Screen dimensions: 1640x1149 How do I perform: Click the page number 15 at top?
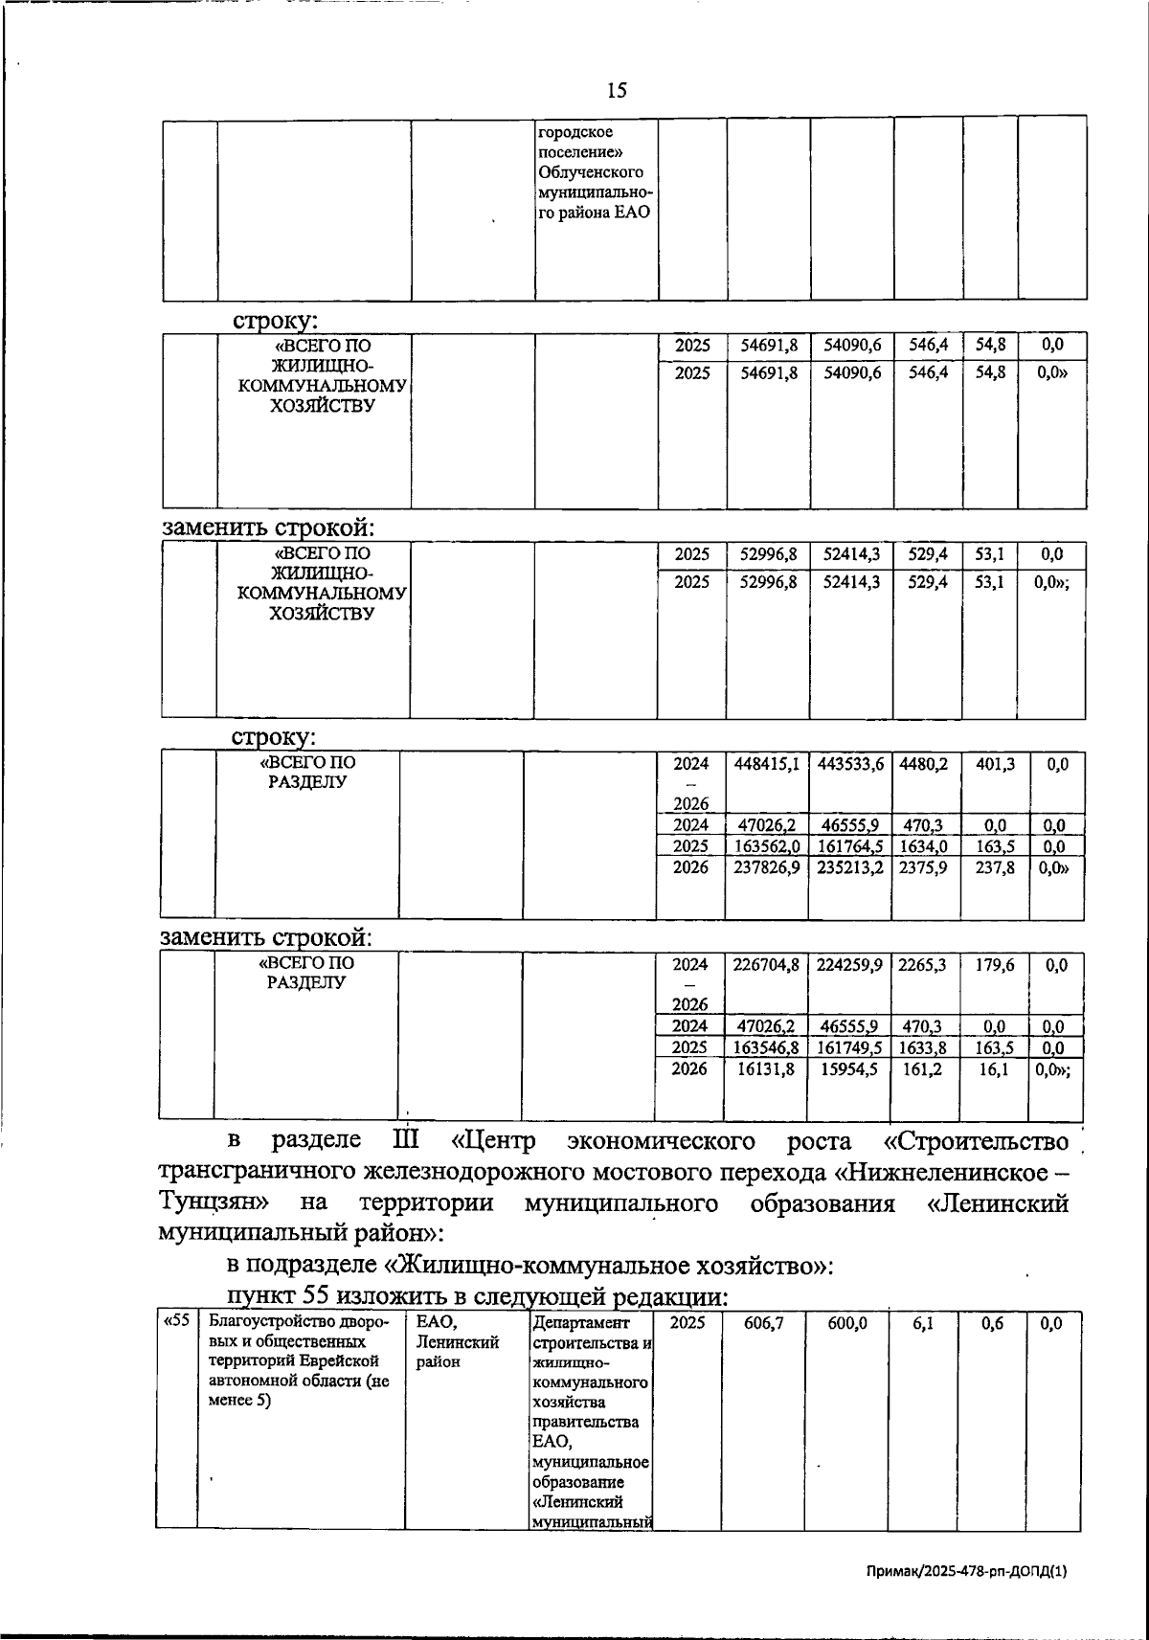point(617,91)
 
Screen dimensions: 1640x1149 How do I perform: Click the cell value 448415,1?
point(766,764)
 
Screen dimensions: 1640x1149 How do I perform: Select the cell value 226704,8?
point(766,965)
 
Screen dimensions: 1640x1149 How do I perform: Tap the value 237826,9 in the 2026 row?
point(766,867)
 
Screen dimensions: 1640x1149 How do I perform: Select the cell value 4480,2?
point(923,764)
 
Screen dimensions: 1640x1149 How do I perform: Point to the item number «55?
point(175,1322)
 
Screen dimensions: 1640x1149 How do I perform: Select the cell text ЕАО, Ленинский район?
point(458,1341)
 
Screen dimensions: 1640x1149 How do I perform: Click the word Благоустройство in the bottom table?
point(267,1322)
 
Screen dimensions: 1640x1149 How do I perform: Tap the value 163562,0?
point(766,846)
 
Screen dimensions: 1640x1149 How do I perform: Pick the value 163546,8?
point(766,1048)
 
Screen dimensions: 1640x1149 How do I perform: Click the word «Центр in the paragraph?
point(494,1141)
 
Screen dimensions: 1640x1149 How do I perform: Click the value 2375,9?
point(923,867)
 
